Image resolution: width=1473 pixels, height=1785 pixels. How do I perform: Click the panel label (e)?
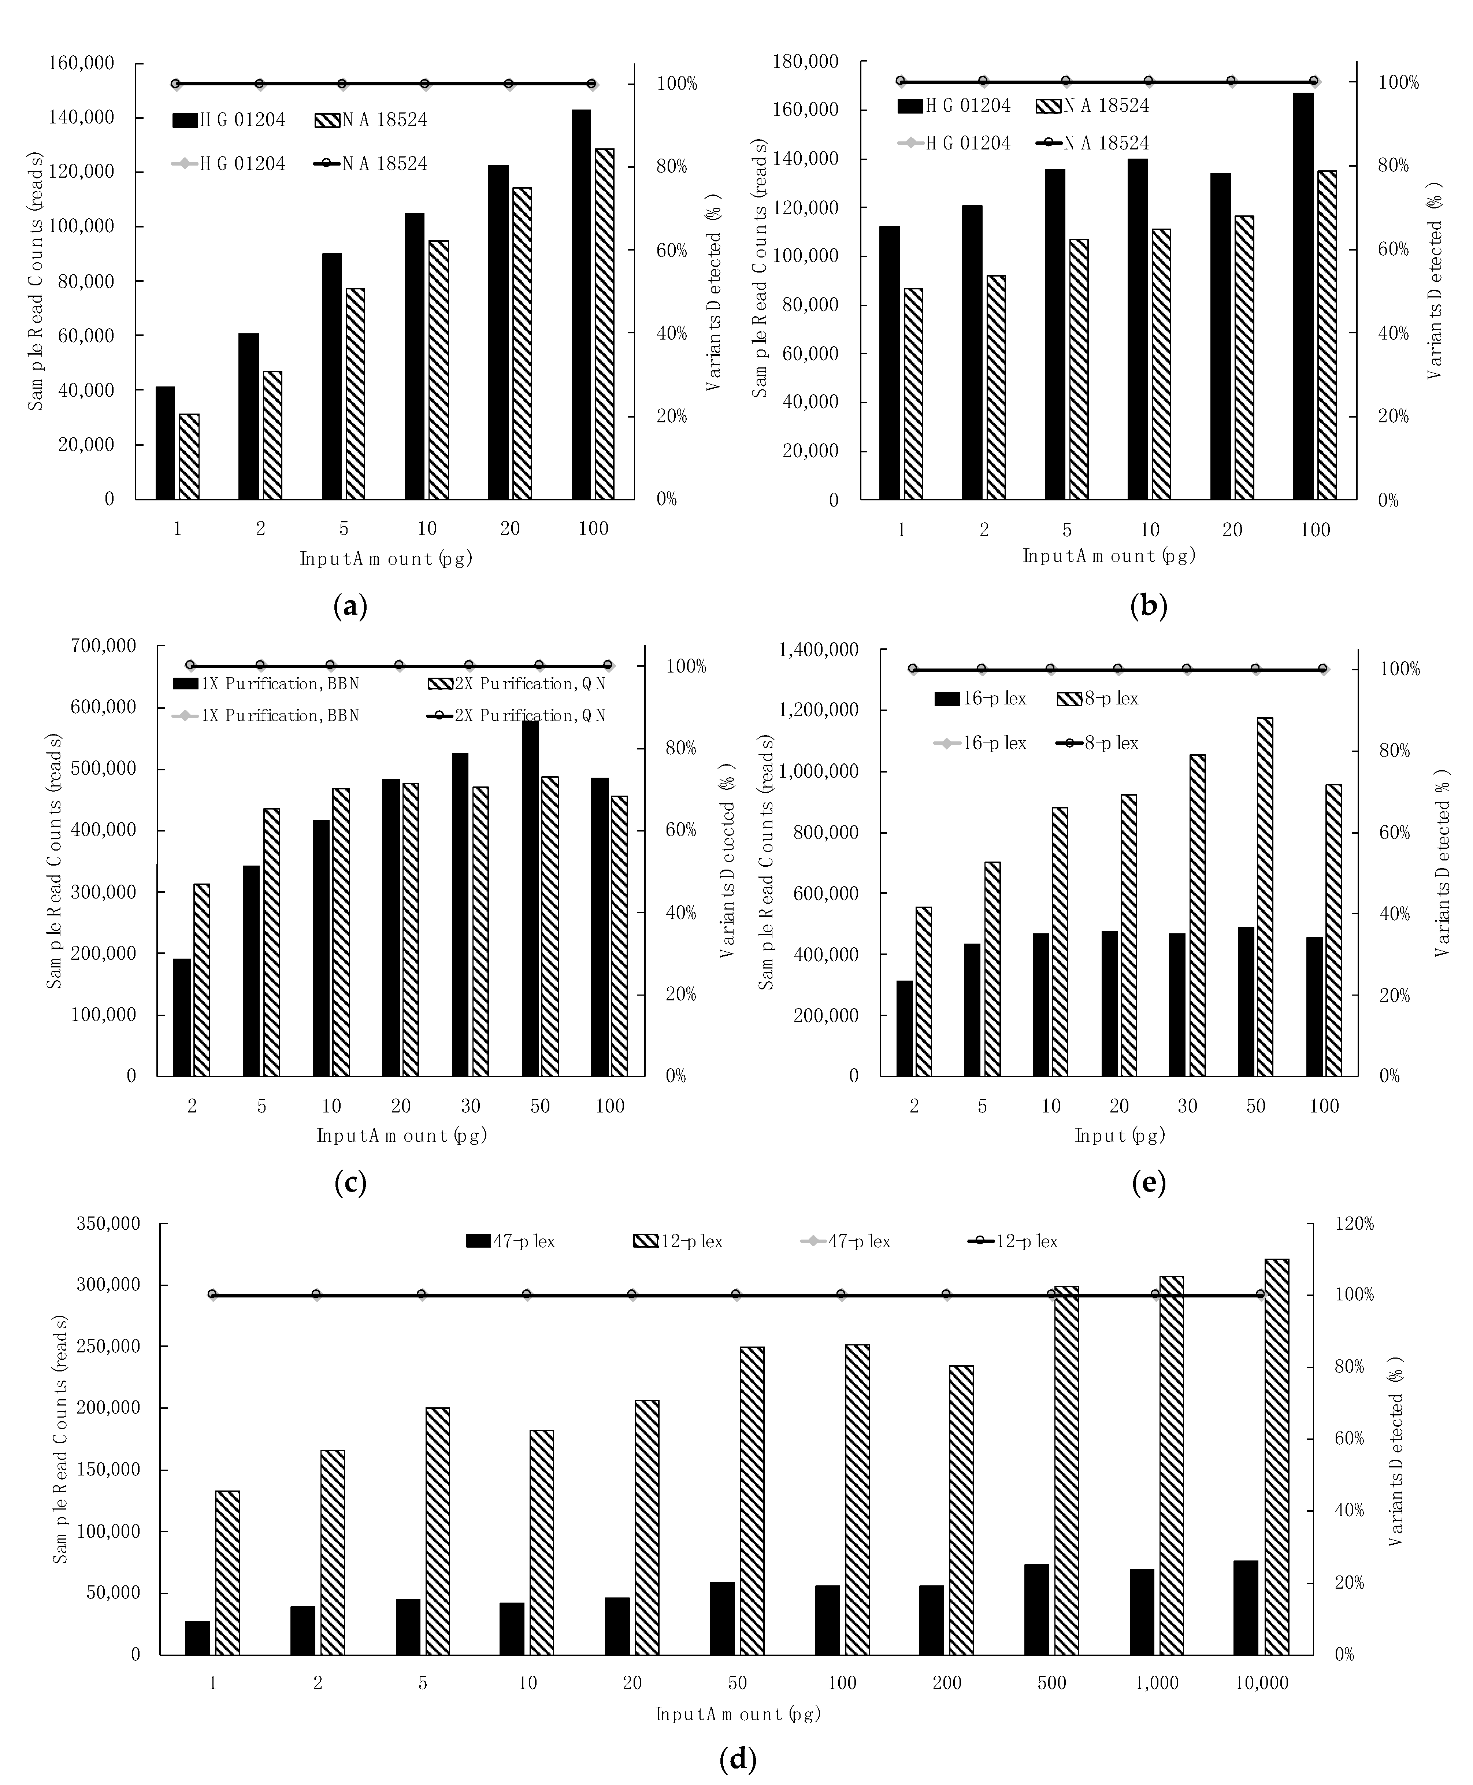1149,1182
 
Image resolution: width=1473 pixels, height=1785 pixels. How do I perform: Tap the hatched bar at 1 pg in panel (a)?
189,457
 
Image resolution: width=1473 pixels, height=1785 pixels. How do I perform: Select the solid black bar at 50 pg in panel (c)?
530,898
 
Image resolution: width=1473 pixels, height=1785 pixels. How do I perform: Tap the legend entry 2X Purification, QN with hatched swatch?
517,683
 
